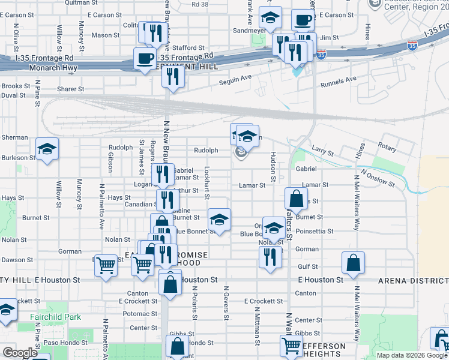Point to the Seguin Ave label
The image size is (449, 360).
coord(235,79)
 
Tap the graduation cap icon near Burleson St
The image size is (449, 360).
coord(47,149)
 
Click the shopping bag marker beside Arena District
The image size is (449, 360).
coord(354,263)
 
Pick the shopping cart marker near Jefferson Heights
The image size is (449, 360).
coord(291,346)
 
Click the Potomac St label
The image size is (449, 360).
coord(140,314)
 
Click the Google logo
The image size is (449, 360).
coord(20,353)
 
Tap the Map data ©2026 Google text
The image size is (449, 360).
coord(412,355)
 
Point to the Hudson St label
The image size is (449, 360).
coord(273,167)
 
